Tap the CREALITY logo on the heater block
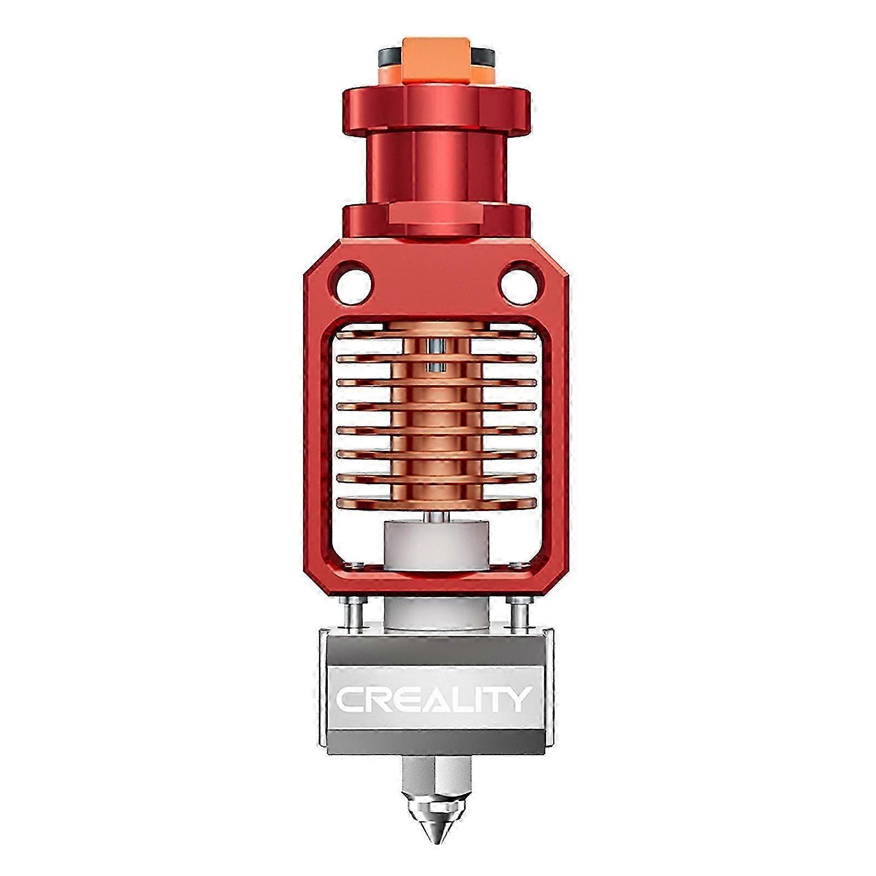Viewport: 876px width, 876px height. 433,699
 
